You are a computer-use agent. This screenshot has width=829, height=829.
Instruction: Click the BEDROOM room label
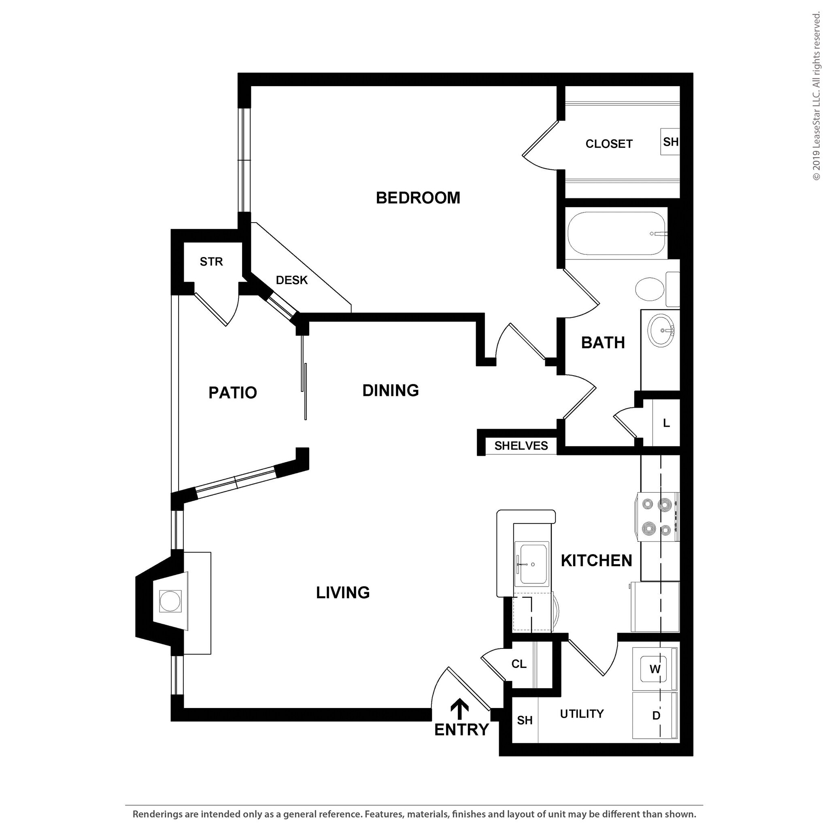click(417, 198)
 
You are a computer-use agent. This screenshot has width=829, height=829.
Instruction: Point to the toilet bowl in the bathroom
click(650, 289)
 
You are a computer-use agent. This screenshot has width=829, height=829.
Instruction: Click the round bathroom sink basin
click(661, 330)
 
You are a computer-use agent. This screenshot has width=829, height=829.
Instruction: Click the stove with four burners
click(657, 517)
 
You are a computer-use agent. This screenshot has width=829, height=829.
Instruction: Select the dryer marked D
click(655, 715)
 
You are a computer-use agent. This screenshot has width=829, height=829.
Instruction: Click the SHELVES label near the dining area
click(521, 446)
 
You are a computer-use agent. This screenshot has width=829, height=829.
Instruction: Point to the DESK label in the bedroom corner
click(292, 280)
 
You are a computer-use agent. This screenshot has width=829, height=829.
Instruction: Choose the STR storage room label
click(211, 261)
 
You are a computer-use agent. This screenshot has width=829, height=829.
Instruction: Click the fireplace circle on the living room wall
click(170, 601)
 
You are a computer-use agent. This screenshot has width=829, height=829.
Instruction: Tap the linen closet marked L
click(666, 423)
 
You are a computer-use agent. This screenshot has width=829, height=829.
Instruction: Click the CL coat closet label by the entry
click(519, 664)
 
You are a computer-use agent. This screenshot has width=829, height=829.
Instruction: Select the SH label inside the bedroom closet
click(670, 142)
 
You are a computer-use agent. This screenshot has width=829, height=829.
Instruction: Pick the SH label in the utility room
click(524, 720)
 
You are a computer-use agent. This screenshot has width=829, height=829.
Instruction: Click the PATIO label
click(233, 393)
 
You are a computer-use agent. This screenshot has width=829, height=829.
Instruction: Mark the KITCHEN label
click(596, 560)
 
